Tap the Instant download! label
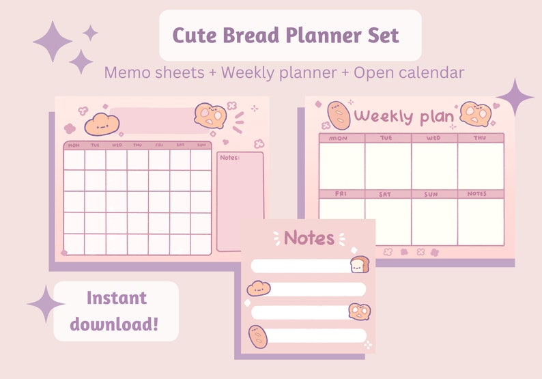click(x=116, y=311)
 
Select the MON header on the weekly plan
click(x=338, y=138)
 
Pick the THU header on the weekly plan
click(x=479, y=138)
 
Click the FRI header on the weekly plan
click(x=341, y=194)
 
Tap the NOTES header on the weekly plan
click(x=477, y=194)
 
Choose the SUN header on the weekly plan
click(x=431, y=194)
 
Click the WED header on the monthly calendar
click(x=117, y=145)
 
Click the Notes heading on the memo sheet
click(x=309, y=238)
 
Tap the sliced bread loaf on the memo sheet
click(x=359, y=264)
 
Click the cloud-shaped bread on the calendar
click(x=102, y=124)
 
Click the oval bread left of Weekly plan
click(x=339, y=115)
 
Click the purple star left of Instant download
click(x=46, y=303)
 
